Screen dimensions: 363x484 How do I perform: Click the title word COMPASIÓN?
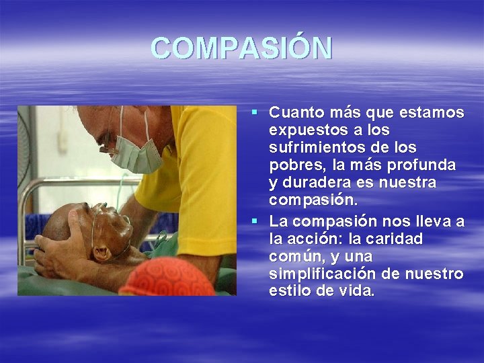(x=241, y=48)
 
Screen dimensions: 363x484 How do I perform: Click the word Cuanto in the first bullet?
(x=298, y=112)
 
